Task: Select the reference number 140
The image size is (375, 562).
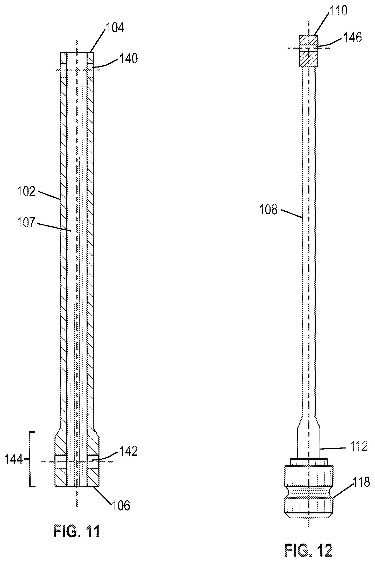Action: [128, 59]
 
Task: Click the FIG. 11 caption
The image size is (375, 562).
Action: [76, 531]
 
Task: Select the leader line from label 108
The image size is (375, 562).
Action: [291, 213]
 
